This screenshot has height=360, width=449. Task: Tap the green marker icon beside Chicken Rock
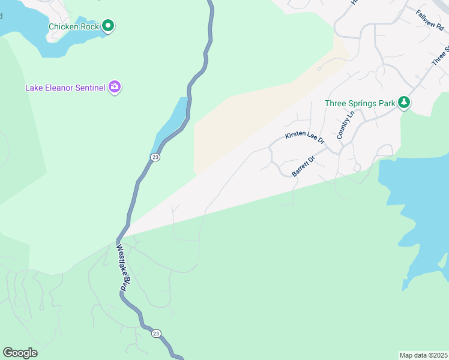point(108,26)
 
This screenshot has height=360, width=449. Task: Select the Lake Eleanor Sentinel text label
point(65,88)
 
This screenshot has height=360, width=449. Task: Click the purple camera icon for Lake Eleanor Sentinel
point(115,88)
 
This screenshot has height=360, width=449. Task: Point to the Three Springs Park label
point(360,103)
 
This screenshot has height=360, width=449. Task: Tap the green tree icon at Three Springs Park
point(405,103)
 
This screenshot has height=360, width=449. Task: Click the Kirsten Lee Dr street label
point(305,138)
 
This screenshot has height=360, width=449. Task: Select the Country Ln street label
point(347,125)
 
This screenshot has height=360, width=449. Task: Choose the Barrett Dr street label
point(303,166)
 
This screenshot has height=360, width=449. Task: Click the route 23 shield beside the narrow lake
point(155,157)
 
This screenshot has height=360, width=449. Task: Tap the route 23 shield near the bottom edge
point(156,334)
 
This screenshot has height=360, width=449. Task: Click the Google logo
point(20,353)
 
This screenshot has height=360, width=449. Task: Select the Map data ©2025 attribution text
point(423,355)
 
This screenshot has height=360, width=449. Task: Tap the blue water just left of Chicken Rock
point(24,24)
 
